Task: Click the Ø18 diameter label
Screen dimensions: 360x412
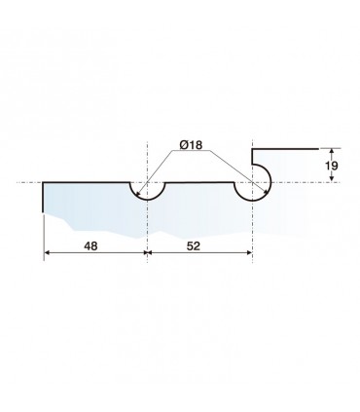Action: pyautogui.click(x=191, y=145)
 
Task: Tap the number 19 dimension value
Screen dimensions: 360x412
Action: pyautogui.click(x=331, y=166)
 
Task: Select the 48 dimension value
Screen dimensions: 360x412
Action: pyautogui.click(x=90, y=246)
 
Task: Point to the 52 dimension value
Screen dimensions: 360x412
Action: pyautogui.click(x=194, y=246)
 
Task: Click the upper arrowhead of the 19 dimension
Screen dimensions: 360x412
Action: pyautogui.click(x=331, y=151)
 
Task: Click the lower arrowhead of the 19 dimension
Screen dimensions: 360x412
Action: pyautogui.click(x=331, y=178)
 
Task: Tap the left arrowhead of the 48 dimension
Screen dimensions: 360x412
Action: pyautogui.click(x=48, y=252)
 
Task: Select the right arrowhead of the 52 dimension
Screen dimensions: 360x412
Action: pyautogui.click(x=248, y=252)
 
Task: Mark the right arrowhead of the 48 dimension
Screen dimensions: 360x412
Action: pyautogui.click(x=144, y=252)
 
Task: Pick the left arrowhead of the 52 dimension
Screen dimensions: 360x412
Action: pyautogui.click(x=151, y=252)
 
